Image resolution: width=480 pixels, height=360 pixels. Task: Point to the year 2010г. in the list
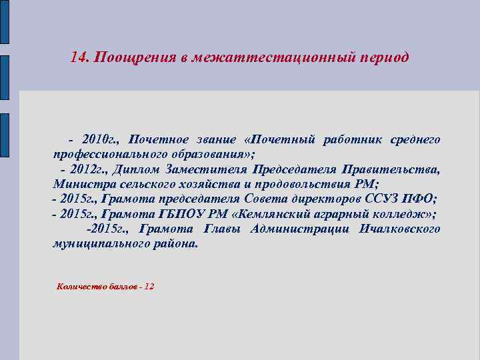pyautogui.click(x=100, y=139)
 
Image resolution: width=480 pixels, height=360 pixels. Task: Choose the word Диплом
pyautogui.click(x=136, y=169)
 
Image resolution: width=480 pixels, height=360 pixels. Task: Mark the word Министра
pyautogui.click(x=83, y=184)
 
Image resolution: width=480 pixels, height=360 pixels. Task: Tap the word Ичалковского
pyautogui.click(x=399, y=229)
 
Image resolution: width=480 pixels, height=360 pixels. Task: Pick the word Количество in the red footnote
pyautogui.click(x=79, y=286)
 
